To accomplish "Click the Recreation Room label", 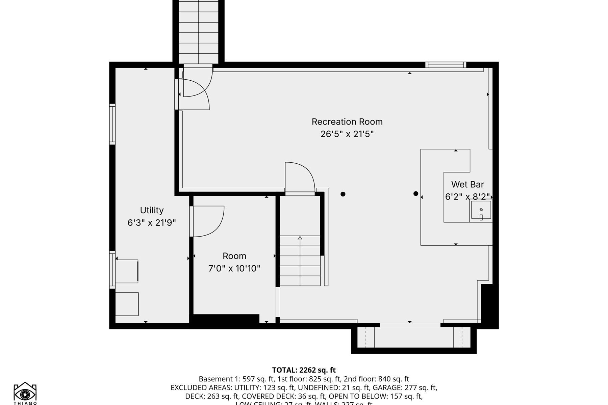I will pos(347,122).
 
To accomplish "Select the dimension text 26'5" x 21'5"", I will pos(347,134).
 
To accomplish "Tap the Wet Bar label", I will pos(467,184).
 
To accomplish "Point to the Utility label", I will pos(152,210).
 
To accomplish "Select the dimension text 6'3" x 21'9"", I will pos(152,223).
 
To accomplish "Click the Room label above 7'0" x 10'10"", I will pos(234,256).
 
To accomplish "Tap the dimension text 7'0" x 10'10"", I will pos(234,269).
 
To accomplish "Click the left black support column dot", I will pos(343,194).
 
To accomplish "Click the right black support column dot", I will pos(416,194).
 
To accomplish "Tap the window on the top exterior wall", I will pos(446,65).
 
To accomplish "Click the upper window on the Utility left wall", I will pos(112,124).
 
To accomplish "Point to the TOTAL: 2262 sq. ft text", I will pos(304,370).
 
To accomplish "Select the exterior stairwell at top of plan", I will pos(199,32).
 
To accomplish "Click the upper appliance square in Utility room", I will pos(127,271).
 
